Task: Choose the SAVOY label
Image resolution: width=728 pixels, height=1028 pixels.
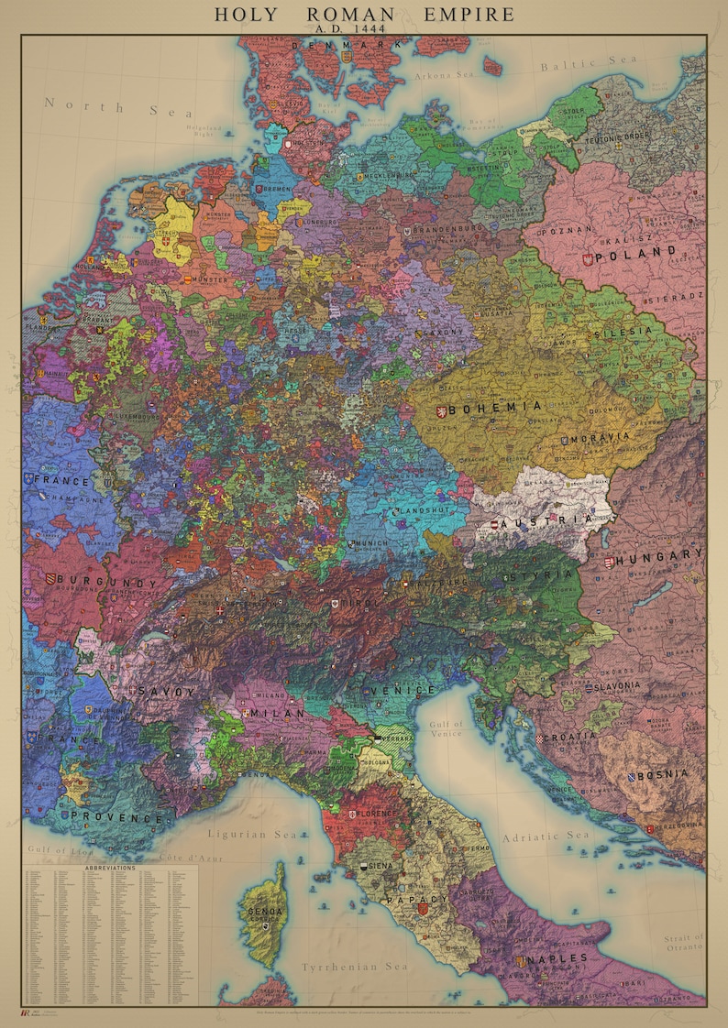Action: pos(161,691)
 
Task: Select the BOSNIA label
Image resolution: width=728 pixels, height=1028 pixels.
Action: pos(663,774)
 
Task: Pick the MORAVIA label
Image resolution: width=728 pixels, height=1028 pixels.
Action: pos(600,439)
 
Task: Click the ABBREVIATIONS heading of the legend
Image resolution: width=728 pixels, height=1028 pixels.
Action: pos(109,867)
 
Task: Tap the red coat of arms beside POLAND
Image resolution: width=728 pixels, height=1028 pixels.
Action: pos(587,259)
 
